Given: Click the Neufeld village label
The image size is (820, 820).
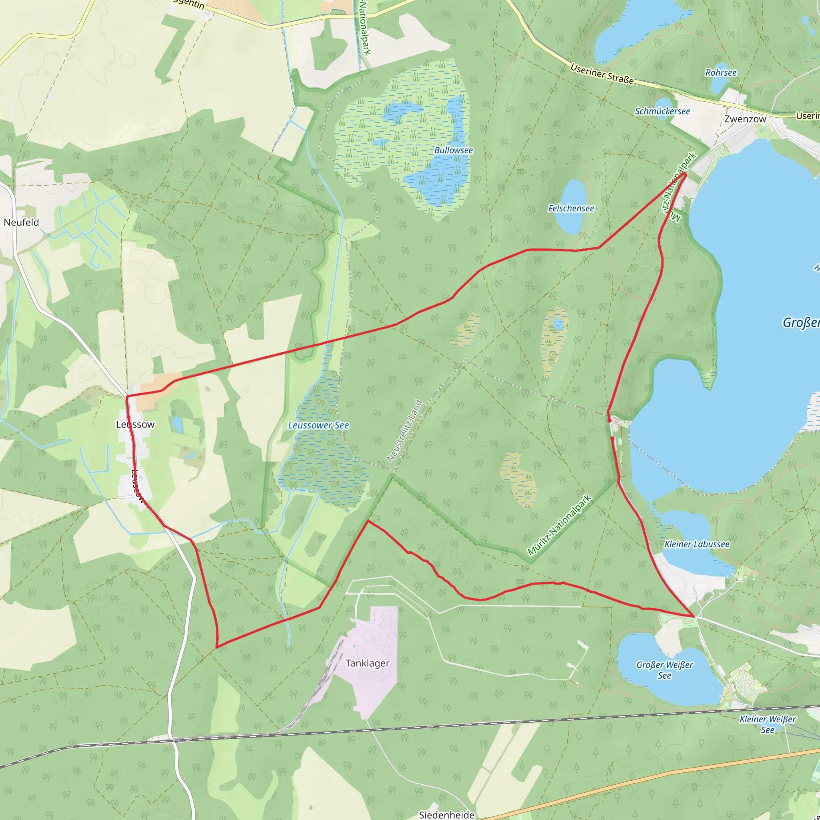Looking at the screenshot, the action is click(x=21, y=222).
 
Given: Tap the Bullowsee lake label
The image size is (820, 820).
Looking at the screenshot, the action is click(x=453, y=150).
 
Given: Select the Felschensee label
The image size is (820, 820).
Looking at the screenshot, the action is click(x=571, y=208).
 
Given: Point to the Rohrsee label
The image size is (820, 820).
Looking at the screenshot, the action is click(x=721, y=72).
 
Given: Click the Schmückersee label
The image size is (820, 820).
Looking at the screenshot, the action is click(x=662, y=111).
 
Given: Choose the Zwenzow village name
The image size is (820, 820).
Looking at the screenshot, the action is click(x=745, y=119).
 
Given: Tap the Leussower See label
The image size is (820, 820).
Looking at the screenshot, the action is click(x=318, y=425).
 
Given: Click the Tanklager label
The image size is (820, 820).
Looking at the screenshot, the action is click(x=367, y=663).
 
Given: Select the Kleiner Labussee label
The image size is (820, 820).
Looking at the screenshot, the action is click(x=697, y=544).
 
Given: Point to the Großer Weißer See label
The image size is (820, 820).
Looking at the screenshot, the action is click(x=664, y=670).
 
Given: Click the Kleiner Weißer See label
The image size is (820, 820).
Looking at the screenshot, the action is click(x=768, y=724).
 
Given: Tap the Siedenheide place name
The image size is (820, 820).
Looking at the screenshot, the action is click(x=446, y=814).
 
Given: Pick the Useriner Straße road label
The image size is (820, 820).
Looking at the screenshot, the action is click(x=602, y=74).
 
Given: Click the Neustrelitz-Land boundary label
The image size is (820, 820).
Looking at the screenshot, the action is click(x=404, y=431).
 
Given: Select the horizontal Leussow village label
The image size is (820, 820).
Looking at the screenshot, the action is click(x=135, y=424).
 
